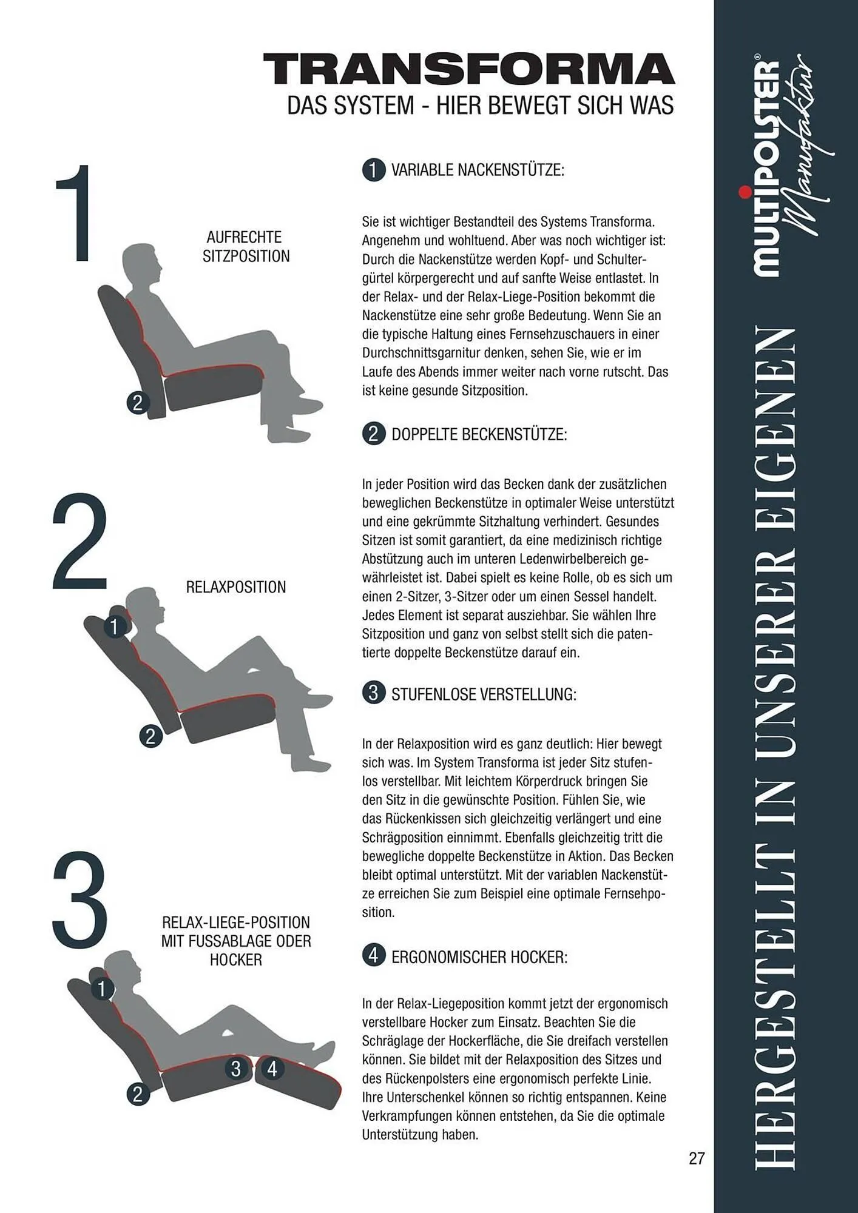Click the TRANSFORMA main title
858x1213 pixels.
point(469,69)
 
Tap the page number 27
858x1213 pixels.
point(697,1158)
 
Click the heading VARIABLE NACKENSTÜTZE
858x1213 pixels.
point(478,170)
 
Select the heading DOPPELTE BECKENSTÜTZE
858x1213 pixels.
point(479,434)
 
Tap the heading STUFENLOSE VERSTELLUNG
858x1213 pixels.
point(484,694)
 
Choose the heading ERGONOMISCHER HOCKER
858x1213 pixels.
point(479,957)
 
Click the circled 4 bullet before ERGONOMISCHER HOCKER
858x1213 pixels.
point(374,956)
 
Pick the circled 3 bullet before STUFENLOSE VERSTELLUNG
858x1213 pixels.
point(374,693)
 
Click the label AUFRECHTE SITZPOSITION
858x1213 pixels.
point(246,246)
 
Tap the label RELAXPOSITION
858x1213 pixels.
point(236,587)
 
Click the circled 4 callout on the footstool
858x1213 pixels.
point(272,1069)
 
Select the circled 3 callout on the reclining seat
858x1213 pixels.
point(236,1069)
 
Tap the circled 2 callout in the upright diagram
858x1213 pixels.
point(137,403)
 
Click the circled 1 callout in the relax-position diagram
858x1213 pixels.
point(114,625)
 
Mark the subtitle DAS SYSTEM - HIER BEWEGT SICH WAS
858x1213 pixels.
point(480,106)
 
